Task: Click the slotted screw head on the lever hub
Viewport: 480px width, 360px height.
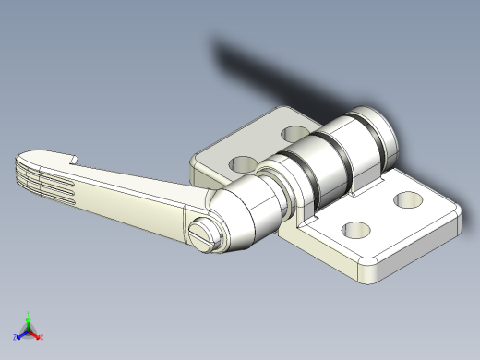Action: click(207, 234)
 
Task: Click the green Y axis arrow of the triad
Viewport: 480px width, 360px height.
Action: click(28, 316)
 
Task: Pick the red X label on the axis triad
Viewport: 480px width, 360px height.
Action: click(42, 338)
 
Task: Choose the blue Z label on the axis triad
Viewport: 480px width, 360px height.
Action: click(16, 338)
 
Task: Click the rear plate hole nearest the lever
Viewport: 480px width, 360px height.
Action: click(243, 163)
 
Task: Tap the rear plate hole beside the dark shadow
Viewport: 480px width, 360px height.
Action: click(295, 134)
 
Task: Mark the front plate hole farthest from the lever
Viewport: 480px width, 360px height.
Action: click(406, 198)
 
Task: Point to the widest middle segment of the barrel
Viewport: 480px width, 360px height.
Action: click(332, 162)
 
